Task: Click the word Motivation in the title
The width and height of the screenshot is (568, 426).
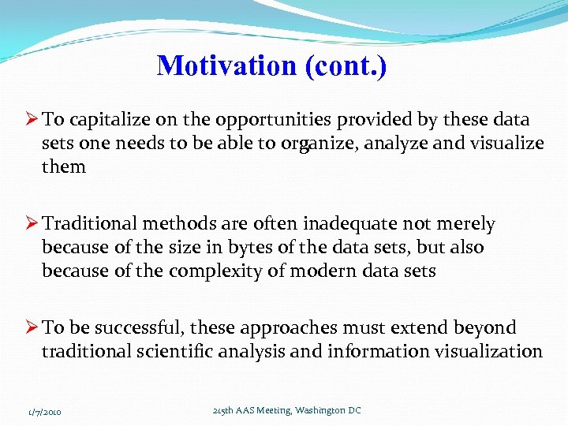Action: (x=227, y=65)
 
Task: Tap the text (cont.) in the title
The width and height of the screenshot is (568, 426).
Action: (x=345, y=65)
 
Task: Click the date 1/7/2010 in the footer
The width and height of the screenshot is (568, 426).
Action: (x=45, y=412)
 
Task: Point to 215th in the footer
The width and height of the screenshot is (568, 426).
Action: (x=224, y=411)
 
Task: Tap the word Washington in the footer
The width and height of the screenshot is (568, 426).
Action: (x=319, y=411)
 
